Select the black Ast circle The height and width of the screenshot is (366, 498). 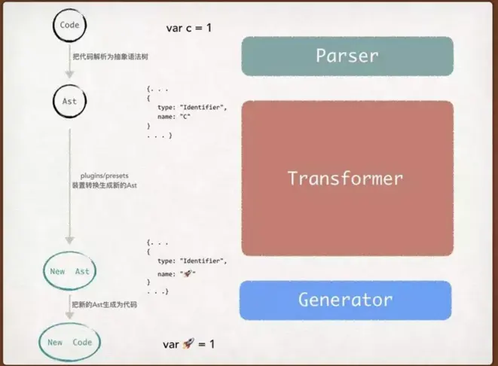[x=69, y=100]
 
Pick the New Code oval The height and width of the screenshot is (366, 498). [x=70, y=342]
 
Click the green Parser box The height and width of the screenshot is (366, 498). [x=347, y=56]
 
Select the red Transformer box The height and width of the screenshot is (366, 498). [x=347, y=178]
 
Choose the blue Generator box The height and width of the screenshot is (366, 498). [x=346, y=300]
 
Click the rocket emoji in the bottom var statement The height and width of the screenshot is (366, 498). [x=190, y=343]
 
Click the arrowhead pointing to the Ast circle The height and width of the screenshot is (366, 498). [x=70, y=74]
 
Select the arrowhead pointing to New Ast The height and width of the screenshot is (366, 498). [x=70, y=242]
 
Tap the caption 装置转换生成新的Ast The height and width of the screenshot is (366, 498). [x=104, y=185]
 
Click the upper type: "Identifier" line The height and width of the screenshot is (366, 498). [x=191, y=108]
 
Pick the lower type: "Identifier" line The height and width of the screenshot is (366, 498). [x=191, y=260]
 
